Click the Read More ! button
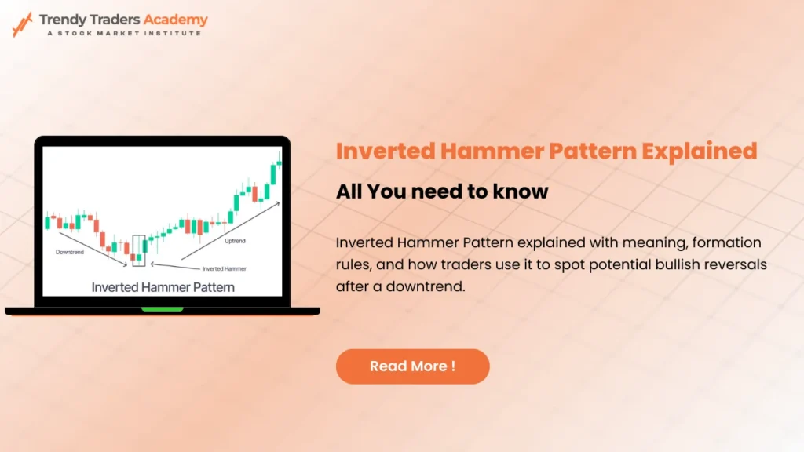pos(412,366)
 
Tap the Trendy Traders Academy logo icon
pos(22,24)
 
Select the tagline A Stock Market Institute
pos(122,33)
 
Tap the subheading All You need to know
pos(442,191)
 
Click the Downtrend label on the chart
pos(70,253)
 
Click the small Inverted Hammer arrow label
pos(225,268)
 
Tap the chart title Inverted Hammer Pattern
pos(163,287)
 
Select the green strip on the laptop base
pos(162,309)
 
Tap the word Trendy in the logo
pos(65,20)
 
